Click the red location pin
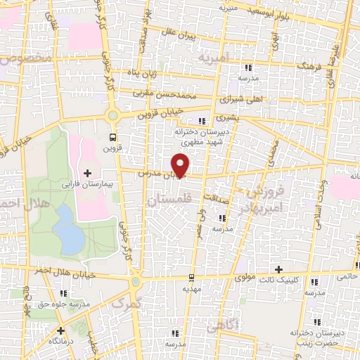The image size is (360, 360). click(x=181, y=165)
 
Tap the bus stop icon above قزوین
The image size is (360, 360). click(x=112, y=137)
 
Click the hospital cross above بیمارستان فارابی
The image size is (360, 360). click(x=87, y=173)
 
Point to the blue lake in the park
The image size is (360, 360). click(x=70, y=229)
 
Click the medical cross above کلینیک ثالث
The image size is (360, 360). click(x=279, y=269)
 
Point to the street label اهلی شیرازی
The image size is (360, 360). click(x=245, y=99)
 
